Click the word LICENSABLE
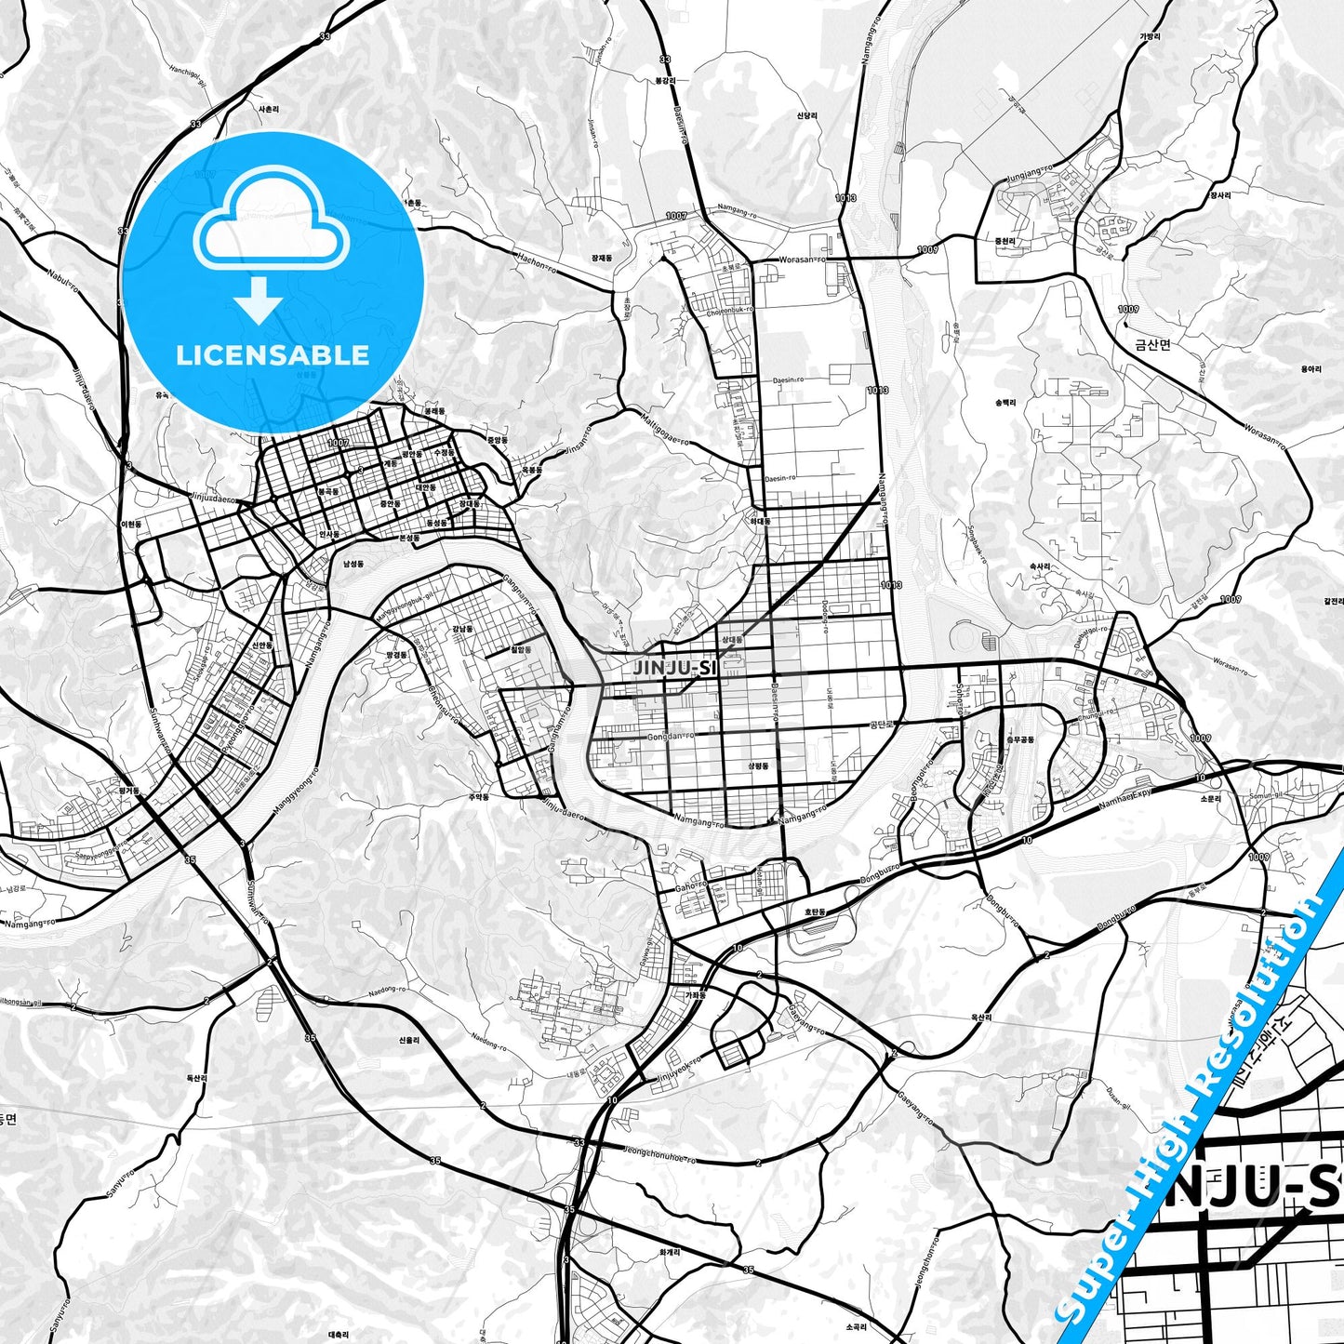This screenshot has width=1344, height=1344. [273, 355]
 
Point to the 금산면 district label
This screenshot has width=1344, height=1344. [1152, 344]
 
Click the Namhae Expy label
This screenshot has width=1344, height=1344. [1126, 798]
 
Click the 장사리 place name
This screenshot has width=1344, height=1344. [1220, 195]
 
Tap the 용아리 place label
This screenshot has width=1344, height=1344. [1311, 369]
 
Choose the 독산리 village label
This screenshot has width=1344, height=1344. [196, 1078]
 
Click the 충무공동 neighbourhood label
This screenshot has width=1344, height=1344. [1020, 739]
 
